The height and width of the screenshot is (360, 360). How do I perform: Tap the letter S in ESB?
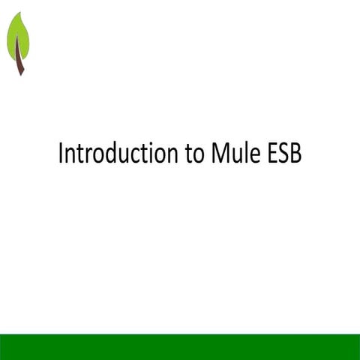click(282, 154)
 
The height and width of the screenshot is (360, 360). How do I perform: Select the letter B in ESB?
click(295, 154)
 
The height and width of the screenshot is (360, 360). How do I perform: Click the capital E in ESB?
click(270, 154)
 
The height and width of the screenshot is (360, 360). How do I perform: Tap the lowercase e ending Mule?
click(250, 155)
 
